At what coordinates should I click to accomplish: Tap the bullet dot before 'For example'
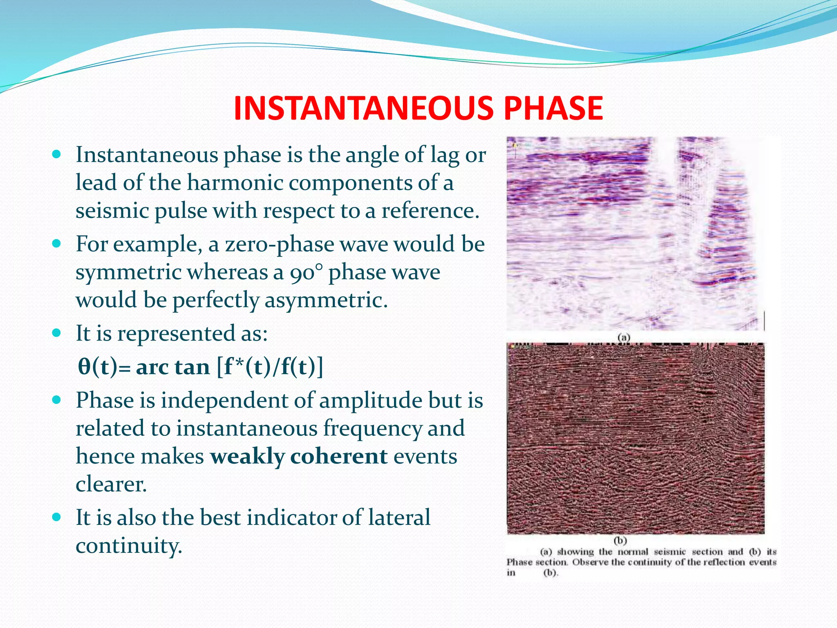coord(57,244)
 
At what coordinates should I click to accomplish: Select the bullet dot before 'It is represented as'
coord(57,333)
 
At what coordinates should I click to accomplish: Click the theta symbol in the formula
coord(84,366)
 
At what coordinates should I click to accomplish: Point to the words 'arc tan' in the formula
coord(172,367)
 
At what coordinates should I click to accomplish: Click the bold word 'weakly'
coord(247,456)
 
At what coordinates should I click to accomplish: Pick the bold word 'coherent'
coord(339,456)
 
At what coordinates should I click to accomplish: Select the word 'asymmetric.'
coord(326,301)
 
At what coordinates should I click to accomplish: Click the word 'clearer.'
coord(111,485)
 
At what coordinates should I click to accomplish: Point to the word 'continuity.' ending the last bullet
coord(129,546)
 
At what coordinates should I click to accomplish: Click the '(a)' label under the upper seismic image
coord(624,337)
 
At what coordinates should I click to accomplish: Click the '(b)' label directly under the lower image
coord(620,541)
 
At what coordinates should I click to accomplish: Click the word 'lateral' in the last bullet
coord(399,518)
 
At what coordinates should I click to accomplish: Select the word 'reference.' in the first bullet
coord(430,211)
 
